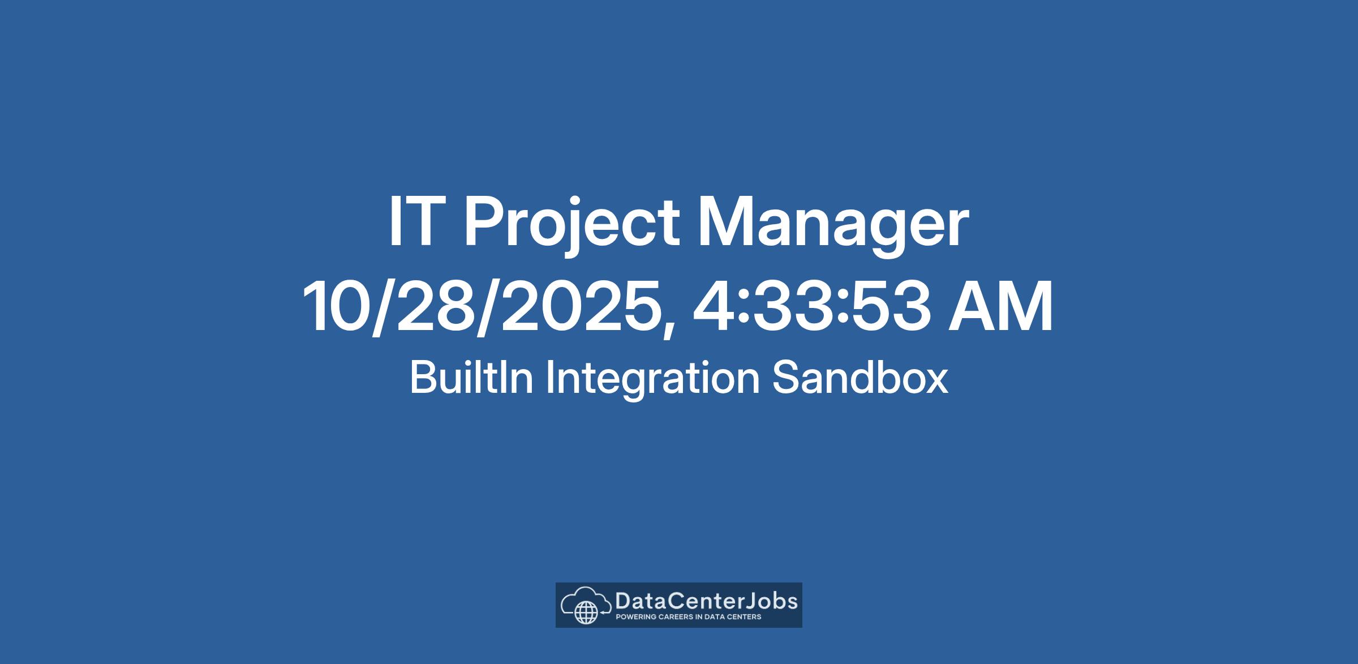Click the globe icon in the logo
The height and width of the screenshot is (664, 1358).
[x=586, y=612]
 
